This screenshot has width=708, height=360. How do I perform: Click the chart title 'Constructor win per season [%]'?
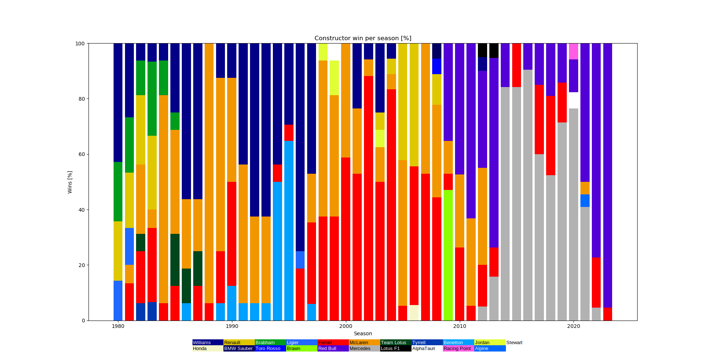[362, 38]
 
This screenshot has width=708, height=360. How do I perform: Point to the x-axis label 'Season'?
[362, 333]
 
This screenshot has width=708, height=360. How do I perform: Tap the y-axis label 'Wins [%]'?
[70, 182]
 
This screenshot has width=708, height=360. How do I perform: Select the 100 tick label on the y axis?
[80, 44]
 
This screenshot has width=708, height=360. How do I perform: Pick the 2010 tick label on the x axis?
[459, 326]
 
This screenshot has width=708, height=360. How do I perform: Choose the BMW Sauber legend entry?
[238, 349]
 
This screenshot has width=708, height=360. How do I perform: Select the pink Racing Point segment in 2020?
[573, 51]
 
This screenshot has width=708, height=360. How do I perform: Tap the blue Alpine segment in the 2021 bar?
[585, 201]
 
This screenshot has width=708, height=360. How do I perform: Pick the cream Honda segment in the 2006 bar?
[414, 313]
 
